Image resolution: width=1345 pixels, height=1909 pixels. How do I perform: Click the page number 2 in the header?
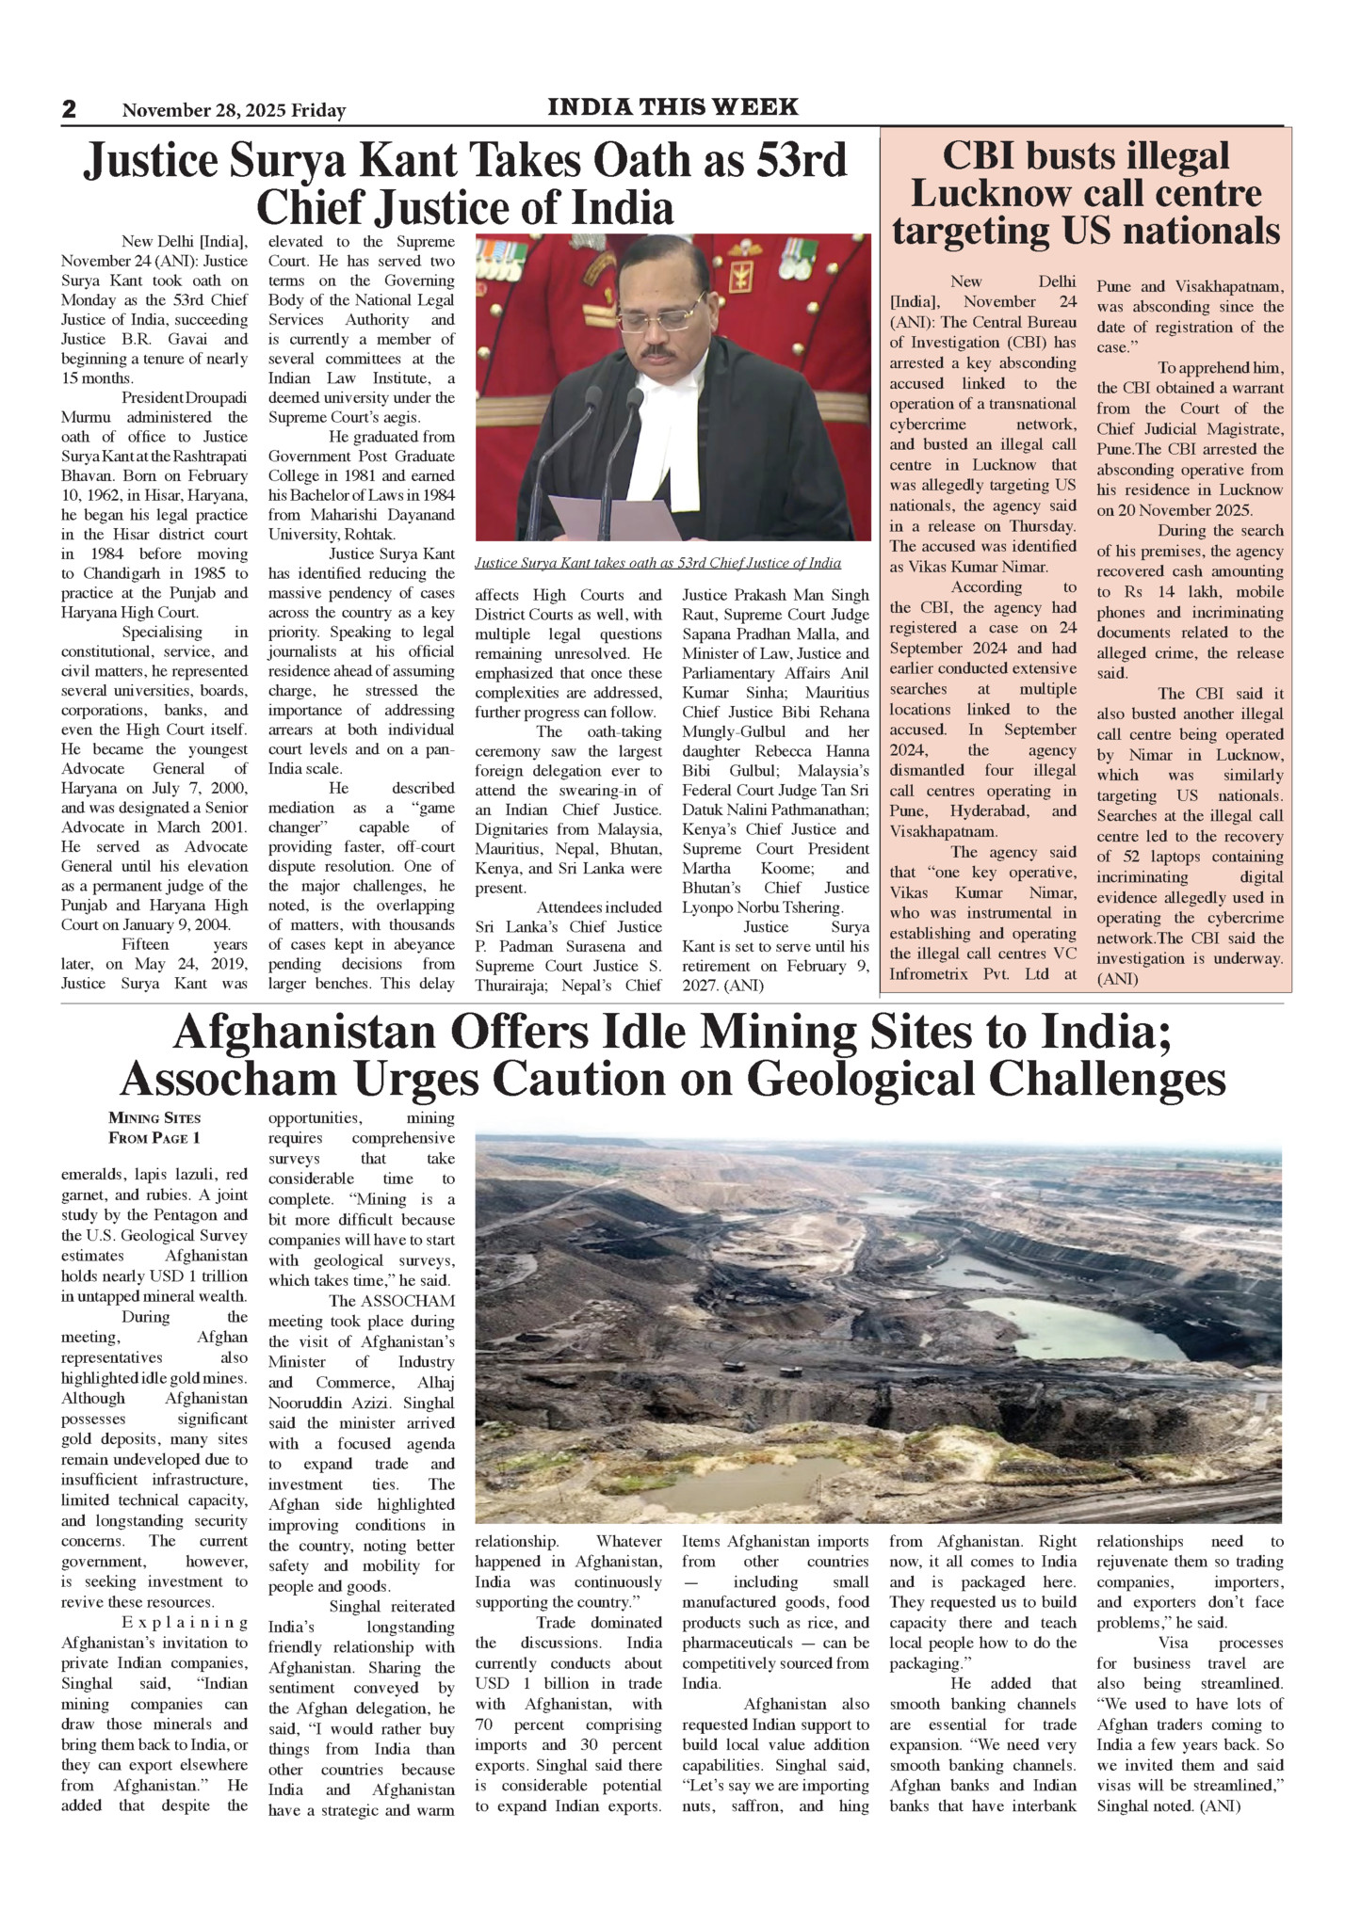(69, 109)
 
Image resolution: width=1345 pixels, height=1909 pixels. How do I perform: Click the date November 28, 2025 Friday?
(234, 111)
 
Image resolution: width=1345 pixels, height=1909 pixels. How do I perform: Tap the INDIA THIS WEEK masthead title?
(672, 107)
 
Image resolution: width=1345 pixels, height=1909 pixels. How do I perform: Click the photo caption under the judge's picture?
(657, 563)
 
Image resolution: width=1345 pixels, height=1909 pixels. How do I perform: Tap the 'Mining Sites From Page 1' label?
(154, 1128)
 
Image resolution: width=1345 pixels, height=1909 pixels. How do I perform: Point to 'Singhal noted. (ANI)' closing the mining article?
(1168, 1805)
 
